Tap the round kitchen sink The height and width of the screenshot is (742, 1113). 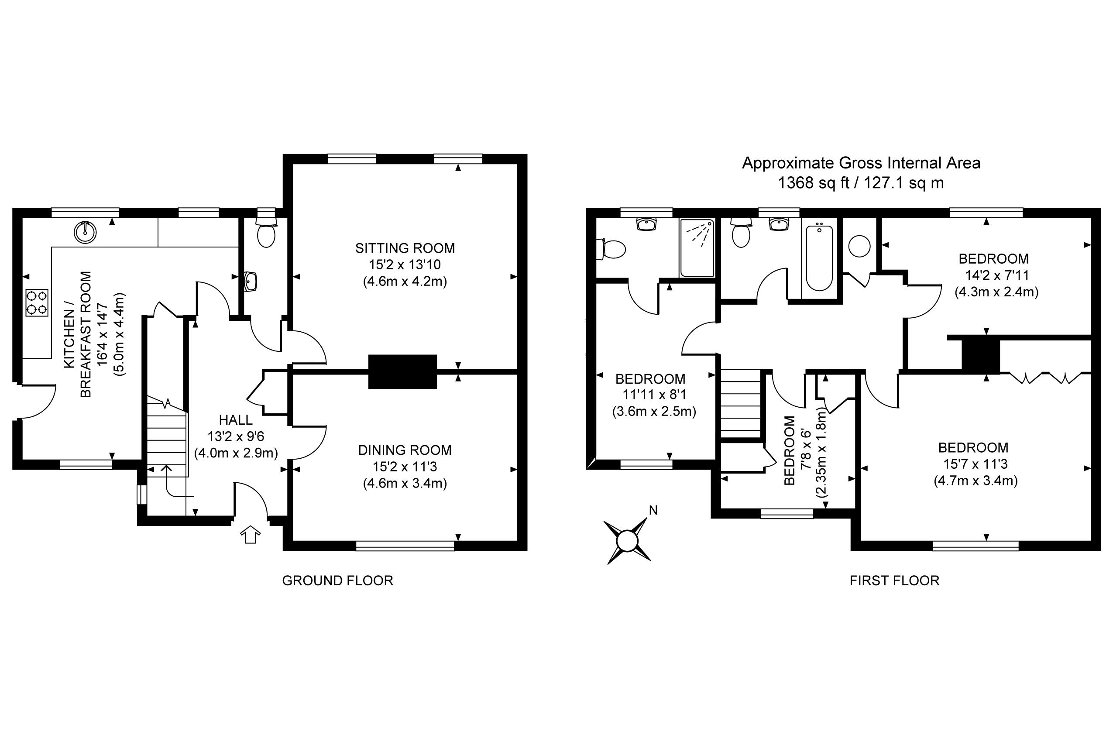[85, 232]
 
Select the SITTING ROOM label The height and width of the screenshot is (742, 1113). [405, 248]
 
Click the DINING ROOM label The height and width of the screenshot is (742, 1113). [405, 450]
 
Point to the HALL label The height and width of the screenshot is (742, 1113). [236, 420]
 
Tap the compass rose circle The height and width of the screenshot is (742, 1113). [627, 540]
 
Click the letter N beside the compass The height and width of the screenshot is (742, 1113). [653, 510]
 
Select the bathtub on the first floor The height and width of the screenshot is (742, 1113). [819, 258]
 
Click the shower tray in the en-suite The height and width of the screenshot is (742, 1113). [697, 248]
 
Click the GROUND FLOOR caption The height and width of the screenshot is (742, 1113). [337, 581]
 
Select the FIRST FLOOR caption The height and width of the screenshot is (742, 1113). [894, 581]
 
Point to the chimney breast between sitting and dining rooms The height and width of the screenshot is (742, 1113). [402, 372]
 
